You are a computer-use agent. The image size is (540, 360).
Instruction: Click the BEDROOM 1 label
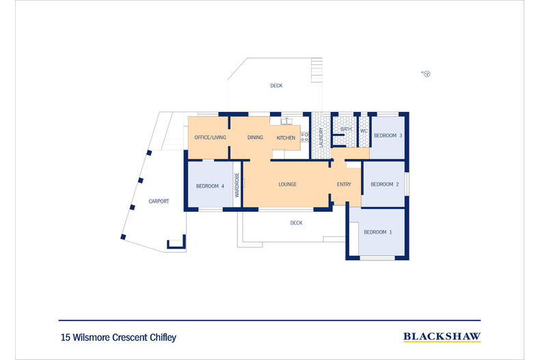378,232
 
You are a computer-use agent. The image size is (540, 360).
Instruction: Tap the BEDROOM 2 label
385,184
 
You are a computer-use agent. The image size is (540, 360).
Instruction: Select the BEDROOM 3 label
388,135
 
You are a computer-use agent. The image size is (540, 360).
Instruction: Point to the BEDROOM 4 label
210,186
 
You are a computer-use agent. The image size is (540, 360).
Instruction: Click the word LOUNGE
287,184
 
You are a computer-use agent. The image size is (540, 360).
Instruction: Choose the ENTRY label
344,184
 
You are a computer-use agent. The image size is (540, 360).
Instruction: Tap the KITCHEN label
286,138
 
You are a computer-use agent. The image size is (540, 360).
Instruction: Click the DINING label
255,138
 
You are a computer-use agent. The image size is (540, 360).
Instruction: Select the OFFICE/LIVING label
210,138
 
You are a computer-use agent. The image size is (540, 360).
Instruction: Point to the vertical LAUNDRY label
321,139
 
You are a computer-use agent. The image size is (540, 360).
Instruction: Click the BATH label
346,129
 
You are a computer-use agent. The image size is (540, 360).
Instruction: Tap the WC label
364,130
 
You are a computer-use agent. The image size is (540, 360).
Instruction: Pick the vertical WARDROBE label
237,185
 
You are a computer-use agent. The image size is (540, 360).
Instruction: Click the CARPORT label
159,202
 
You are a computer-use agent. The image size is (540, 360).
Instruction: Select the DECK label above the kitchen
276,86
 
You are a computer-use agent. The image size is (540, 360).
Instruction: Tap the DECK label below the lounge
296,223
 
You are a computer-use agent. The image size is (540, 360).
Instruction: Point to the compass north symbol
425,73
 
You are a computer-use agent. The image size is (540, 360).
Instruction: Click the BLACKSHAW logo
442,336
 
